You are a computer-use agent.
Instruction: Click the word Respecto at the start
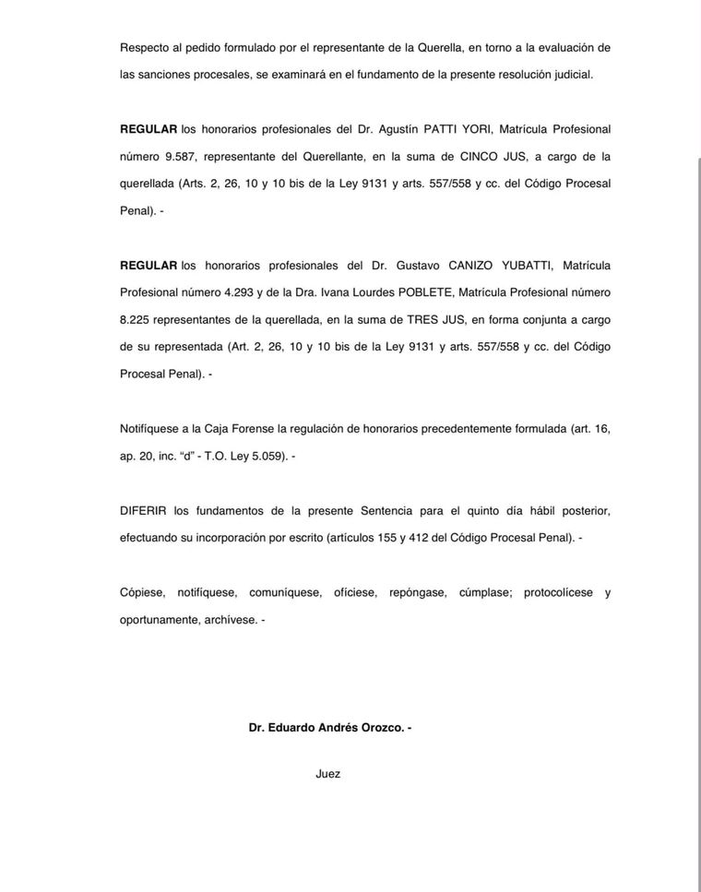(x=144, y=47)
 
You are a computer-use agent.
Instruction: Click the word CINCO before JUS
(x=479, y=157)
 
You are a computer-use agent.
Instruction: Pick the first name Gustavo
(x=425, y=266)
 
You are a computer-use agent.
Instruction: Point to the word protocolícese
(x=558, y=592)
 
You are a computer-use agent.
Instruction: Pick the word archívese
(x=229, y=620)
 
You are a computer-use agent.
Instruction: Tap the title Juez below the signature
(x=327, y=774)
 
